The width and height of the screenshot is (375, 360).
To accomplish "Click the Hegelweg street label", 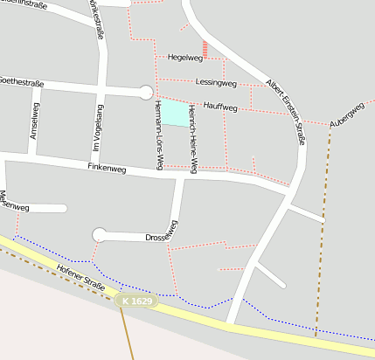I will [x=184, y=58].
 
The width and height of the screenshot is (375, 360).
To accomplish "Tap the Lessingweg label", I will [x=217, y=83].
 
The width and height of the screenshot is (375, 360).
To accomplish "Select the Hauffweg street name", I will [x=219, y=107].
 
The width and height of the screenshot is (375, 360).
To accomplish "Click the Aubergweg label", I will [x=347, y=115].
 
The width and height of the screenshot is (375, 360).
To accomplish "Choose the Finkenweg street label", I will [x=108, y=166].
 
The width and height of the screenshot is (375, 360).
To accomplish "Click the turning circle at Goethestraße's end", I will [x=146, y=92].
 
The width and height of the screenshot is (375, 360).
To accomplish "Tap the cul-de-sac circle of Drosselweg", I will [x=100, y=234].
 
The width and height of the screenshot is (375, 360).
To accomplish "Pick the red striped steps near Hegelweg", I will [x=205, y=49].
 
